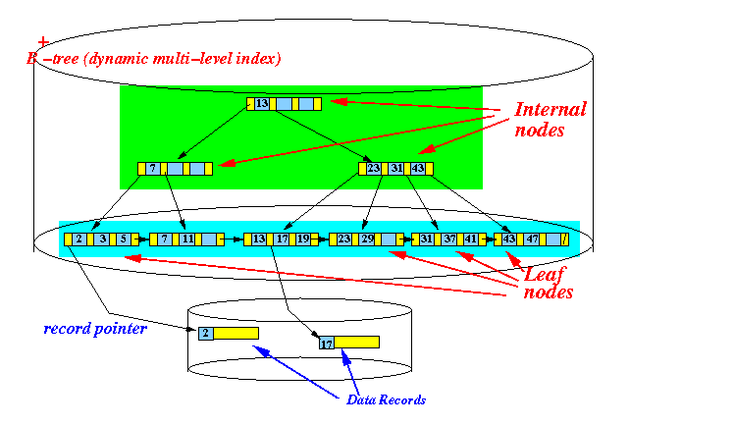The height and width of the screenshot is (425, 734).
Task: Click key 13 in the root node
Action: [x=262, y=103]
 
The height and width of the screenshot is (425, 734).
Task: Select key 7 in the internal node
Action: [x=153, y=169]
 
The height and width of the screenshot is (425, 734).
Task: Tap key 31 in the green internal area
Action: [x=397, y=169]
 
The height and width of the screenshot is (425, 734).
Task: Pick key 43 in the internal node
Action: [x=418, y=169]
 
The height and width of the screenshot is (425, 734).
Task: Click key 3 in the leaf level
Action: [x=101, y=239]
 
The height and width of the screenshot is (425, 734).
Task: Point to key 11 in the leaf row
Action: [x=186, y=239]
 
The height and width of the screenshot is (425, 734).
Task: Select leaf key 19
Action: [x=302, y=239]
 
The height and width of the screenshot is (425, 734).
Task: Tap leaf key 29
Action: [x=366, y=239]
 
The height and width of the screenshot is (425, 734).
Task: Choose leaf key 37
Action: [x=448, y=239]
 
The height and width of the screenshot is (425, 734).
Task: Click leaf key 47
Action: [x=532, y=239]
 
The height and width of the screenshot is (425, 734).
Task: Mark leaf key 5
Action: [x=123, y=239]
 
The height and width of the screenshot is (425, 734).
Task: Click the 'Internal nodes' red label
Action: [x=550, y=119]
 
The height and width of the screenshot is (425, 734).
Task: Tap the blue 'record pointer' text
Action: [x=95, y=328]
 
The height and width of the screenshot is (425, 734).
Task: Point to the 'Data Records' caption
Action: [x=387, y=399]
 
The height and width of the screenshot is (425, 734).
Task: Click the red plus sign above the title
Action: [x=42, y=42]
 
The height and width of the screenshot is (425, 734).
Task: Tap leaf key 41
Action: [x=470, y=239]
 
